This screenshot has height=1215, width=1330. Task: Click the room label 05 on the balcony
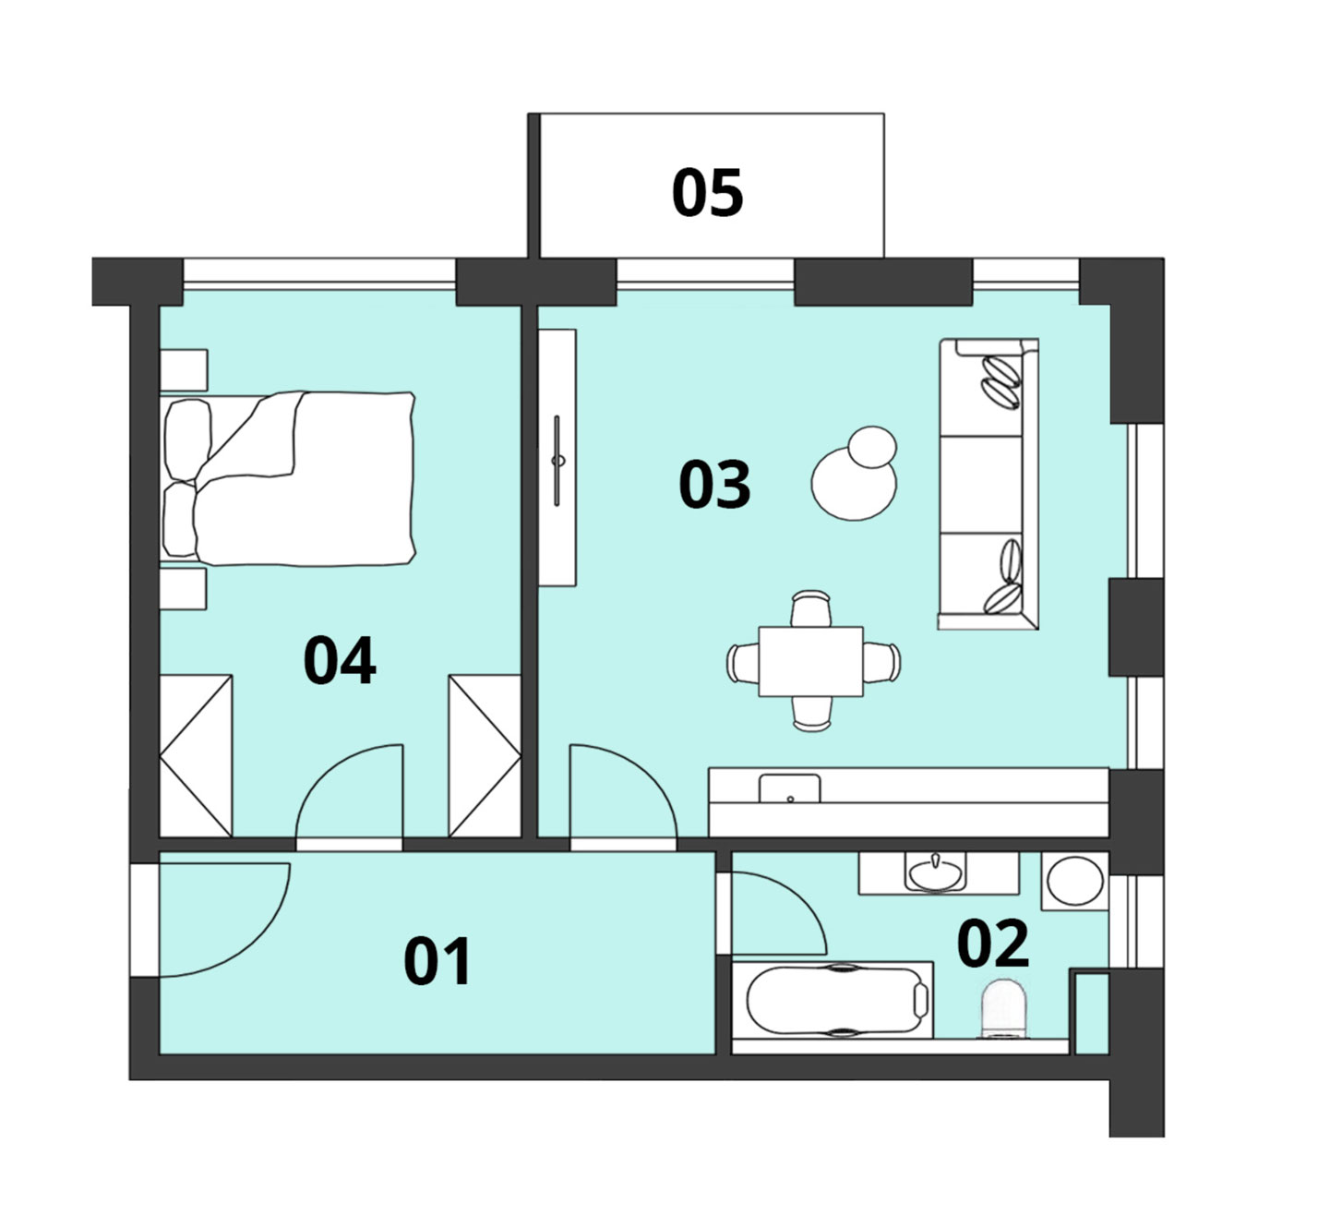(x=707, y=192)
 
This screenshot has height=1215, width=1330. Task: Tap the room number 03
(x=714, y=486)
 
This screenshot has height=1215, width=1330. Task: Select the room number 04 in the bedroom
(x=340, y=660)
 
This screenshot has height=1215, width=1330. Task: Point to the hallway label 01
(x=437, y=961)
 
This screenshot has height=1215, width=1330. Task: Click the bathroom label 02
(x=993, y=943)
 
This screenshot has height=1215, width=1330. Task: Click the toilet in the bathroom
(x=1004, y=1009)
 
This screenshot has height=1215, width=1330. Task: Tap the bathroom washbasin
(x=936, y=873)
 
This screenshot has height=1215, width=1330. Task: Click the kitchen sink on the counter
(x=789, y=788)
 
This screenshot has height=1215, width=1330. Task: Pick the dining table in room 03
(x=811, y=661)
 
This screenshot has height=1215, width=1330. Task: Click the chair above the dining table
(x=811, y=608)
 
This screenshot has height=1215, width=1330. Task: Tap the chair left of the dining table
(x=743, y=663)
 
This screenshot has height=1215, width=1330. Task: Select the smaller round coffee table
(x=872, y=447)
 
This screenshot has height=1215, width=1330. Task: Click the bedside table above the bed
(x=184, y=370)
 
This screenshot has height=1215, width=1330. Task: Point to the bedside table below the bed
(x=183, y=588)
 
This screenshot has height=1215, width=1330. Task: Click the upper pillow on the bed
(x=187, y=439)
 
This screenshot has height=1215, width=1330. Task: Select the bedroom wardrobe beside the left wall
(x=197, y=755)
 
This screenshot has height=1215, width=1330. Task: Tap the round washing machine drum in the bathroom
(x=1074, y=881)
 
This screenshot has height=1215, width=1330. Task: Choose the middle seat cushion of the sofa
(x=980, y=484)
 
